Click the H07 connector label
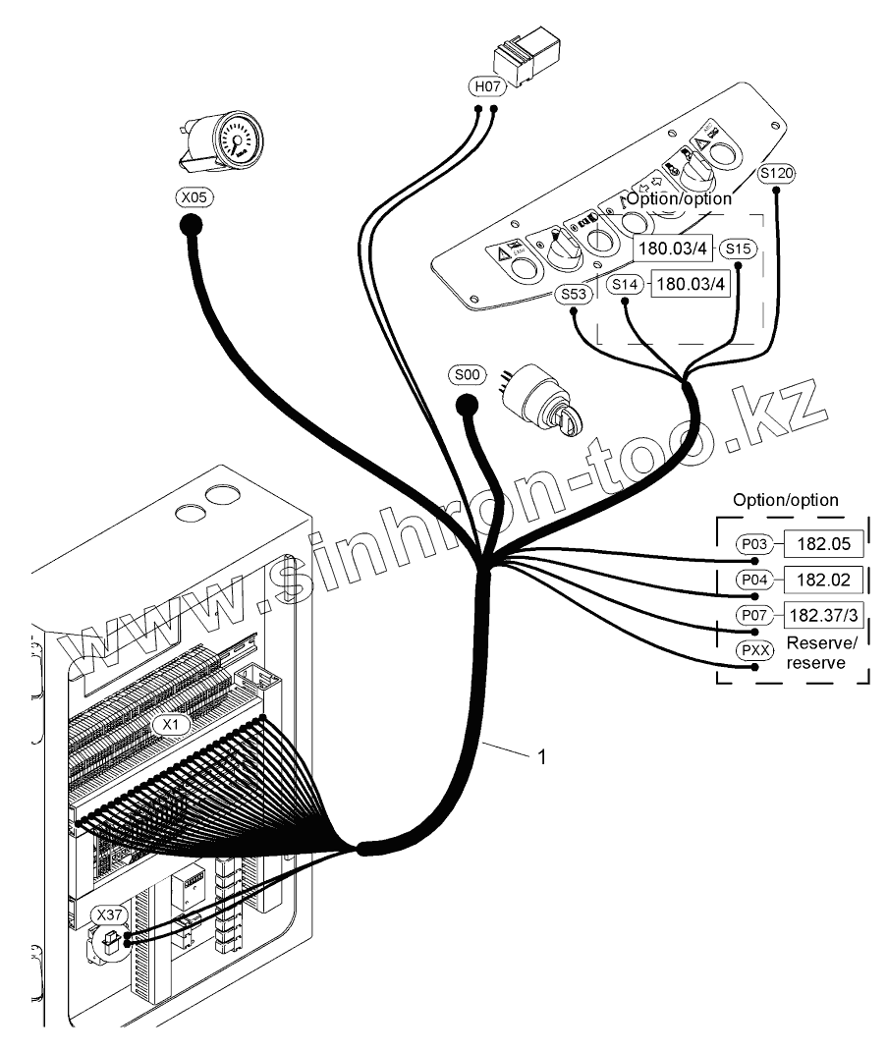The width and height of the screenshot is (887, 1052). click(x=487, y=86)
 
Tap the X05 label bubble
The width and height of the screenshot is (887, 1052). click(x=194, y=197)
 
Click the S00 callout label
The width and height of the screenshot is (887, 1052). click(x=467, y=374)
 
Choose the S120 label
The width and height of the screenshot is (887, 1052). click(x=776, y=173)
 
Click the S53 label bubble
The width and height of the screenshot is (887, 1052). click(x=574, y=294)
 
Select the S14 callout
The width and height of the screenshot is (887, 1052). click(x=625, y=285)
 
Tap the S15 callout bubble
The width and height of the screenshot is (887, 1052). click(x=738, y=249)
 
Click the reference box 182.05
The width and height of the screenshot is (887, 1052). click(x=823, y=543)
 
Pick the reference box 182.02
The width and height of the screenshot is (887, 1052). click(x=823, y=580)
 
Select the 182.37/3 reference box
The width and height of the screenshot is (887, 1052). click(x=823, y=615)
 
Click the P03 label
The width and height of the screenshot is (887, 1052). click(x=754, y=544)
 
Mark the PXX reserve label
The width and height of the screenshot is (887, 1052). click(x=754, y=651)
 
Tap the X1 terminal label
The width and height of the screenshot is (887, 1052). click(x=171, y=725)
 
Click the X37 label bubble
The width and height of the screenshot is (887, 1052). click(x=109, y=915)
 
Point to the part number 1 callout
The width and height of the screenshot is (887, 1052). click(x=542, y=756)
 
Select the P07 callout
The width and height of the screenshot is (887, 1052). click(x=754, y=615)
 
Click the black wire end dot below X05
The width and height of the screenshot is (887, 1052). click(x=192, y=226)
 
